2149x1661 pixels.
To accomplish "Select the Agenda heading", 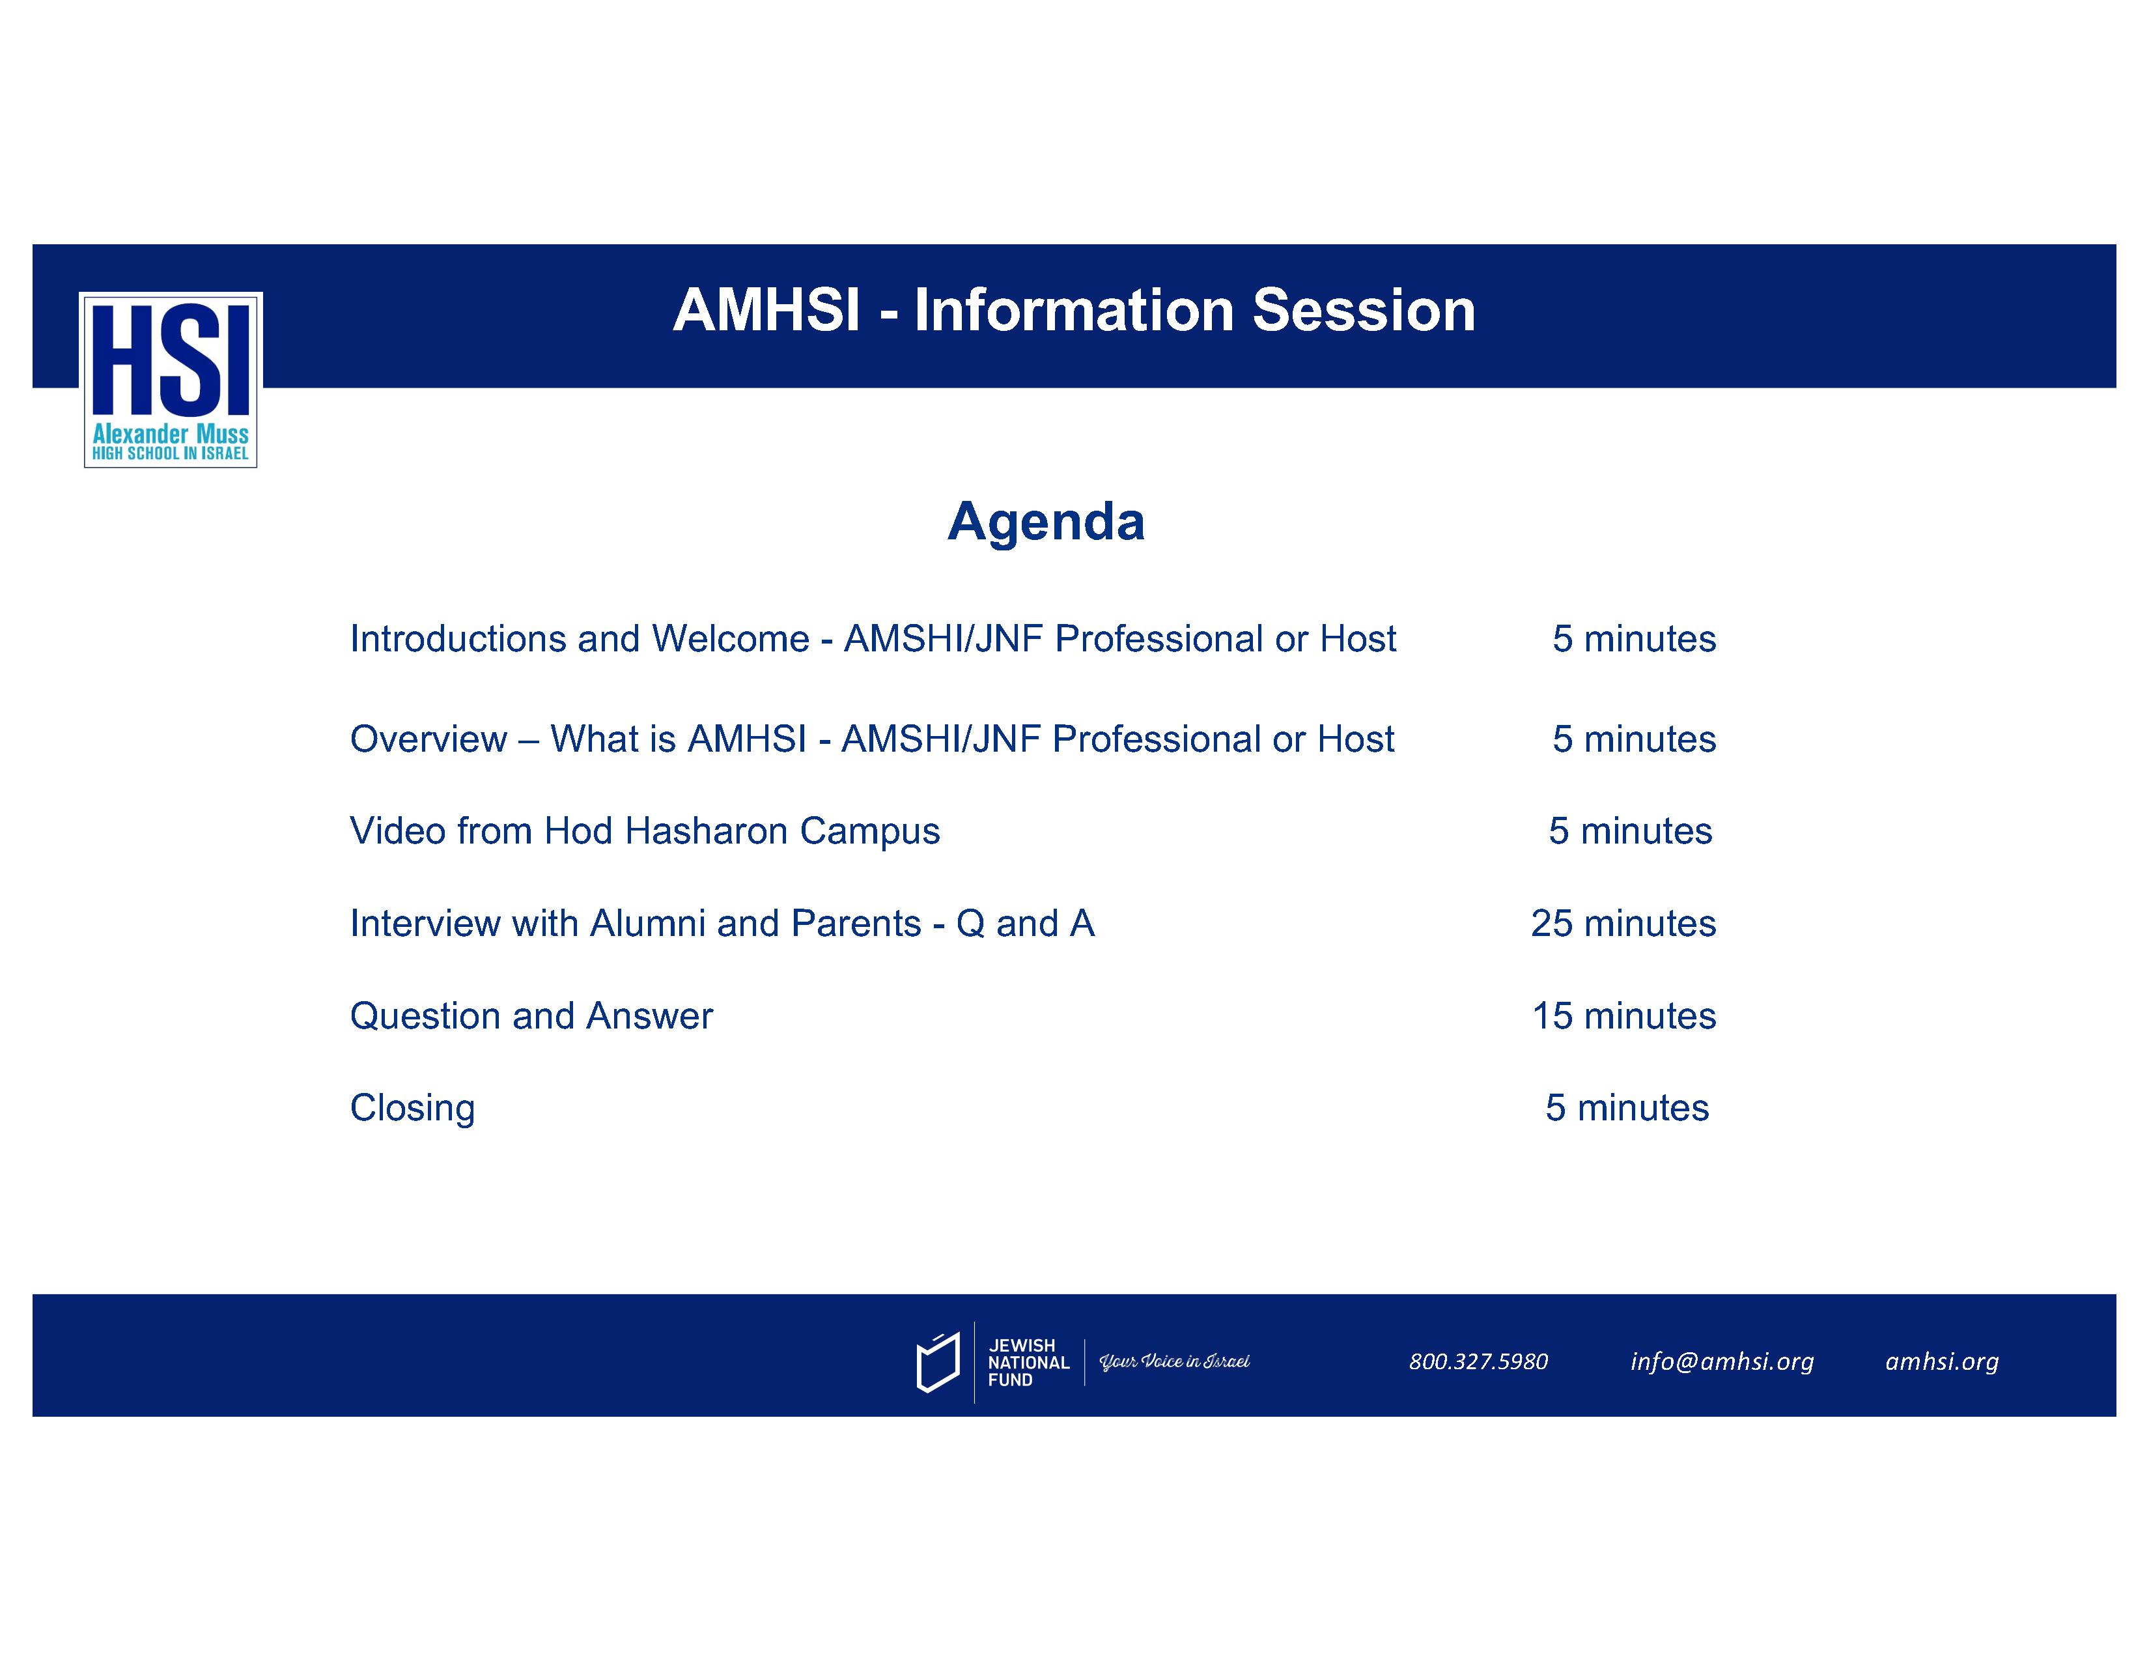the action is tap(1046, 522).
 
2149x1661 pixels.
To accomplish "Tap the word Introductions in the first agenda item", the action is tap(458, 638).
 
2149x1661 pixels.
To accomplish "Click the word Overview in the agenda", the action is tap(429, 739).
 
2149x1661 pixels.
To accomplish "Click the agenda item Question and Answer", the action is tap(531, 1015).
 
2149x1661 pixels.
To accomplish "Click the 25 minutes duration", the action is tap(1623, 923).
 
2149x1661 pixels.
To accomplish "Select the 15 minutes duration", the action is tap(1623, 1015).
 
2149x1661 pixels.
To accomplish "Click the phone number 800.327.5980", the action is tap(1478, 1362).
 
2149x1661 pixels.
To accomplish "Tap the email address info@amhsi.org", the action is tap(1722, 1363).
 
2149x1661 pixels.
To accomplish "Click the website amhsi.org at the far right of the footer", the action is tap(1941, 1363).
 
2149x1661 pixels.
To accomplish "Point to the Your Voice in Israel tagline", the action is tap(1174, 1363).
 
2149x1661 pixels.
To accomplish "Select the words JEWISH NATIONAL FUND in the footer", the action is tap(1028, 1363).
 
